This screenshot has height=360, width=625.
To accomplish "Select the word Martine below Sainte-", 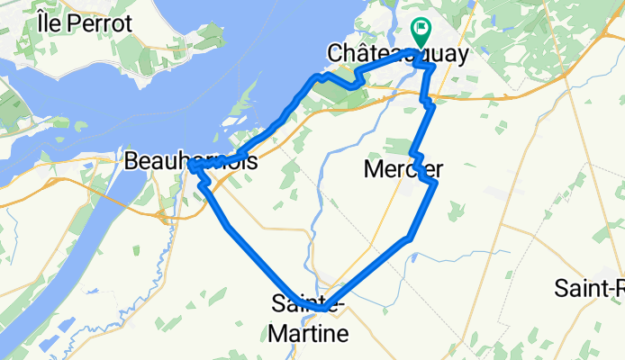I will tap(308, 334).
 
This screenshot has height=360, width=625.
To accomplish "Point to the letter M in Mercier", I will tap(373, 168).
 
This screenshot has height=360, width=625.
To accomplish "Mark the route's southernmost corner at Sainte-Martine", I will tap(322, 308).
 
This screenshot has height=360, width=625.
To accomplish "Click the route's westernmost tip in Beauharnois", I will tap(193, 167).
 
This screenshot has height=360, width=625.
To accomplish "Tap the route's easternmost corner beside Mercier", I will tap(435, 183).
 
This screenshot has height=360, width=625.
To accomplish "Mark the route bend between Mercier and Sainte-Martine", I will tap(410, 238).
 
